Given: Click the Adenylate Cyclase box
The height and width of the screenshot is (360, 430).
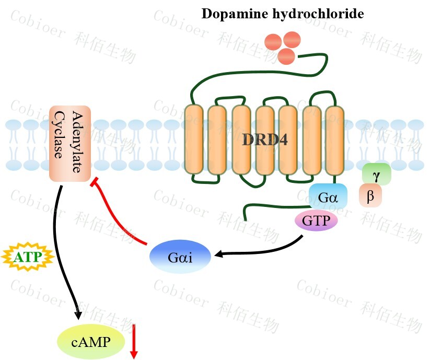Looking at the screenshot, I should tap(70, 144).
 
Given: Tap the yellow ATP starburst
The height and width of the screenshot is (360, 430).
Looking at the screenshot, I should tap(29, 257).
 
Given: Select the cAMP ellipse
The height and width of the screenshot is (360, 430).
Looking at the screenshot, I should tap(91, 342).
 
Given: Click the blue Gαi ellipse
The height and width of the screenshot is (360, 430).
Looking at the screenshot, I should tap(180, 257).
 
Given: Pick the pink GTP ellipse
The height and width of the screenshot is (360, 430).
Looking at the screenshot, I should tap(316, 220).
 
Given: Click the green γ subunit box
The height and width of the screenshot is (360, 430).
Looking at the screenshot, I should tap(376, 173).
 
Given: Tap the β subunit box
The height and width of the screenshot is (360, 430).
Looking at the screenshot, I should tap(370, 196).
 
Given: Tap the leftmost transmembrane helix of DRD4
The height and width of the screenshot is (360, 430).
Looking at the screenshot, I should tap(193, 140).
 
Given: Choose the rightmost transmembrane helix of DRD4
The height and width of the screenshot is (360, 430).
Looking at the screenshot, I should tap(334, 140).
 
